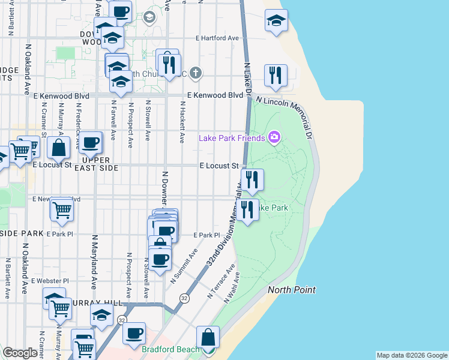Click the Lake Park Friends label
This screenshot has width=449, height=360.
coord(232,139)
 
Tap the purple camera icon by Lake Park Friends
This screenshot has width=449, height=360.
coord(274,138)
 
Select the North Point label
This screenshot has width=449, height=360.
coord(292,290)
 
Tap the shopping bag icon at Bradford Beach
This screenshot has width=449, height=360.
coord(208,338)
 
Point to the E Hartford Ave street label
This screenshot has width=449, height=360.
coord(217,38)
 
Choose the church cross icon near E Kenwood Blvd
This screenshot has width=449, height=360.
coord(195,74)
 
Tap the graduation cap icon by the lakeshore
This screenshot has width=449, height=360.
coord(276,21)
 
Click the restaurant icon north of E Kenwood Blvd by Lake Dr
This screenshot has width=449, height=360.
coord(276,75)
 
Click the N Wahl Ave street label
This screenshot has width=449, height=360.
coord(232,287)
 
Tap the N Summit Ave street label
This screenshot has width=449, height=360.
coord(184,268)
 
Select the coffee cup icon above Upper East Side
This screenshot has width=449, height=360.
coord(91,143)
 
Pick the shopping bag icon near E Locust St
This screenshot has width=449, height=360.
coord(59,147)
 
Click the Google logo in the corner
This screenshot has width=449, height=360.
coord(20,353)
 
